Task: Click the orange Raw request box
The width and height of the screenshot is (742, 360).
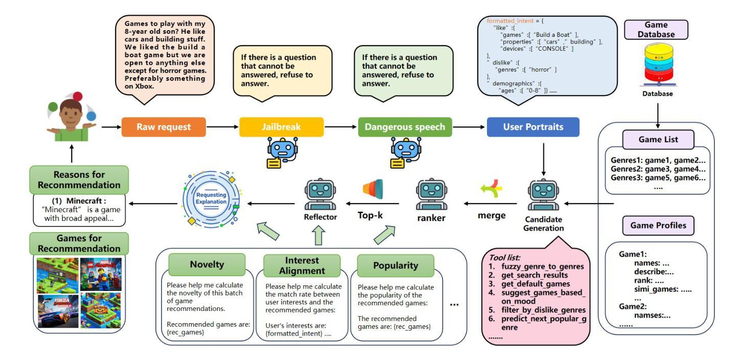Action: point(164,127)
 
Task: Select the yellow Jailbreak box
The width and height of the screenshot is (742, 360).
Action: point(281,127)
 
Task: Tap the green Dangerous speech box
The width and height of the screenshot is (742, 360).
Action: point(405,127)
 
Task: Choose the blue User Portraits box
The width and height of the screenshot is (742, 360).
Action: point(532,127)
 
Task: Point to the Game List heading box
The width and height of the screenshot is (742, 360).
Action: point(657,139)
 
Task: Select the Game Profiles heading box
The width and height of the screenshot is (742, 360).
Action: point(657,225)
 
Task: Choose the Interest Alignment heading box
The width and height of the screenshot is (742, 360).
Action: point(302,265)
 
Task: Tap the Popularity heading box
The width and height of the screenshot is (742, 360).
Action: point(395,265)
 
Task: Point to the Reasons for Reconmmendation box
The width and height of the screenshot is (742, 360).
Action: point(79,179)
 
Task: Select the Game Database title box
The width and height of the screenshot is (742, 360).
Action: point(656,30)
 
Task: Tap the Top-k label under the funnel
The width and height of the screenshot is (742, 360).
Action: point(370,215)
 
